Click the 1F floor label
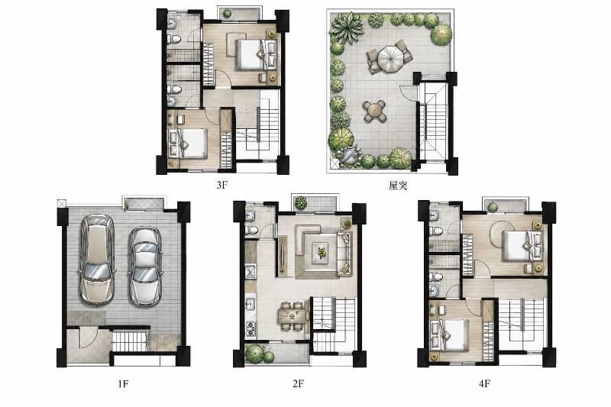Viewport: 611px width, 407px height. click(123, 383)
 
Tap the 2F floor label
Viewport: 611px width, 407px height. click(298, 383)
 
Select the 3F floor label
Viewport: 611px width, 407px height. click(221, 185)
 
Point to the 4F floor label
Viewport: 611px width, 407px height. click(484, 383)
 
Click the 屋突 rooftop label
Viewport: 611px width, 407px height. click(398, 186)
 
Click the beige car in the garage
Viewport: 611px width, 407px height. click(97, 260)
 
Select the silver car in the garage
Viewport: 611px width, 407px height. click(144, 266)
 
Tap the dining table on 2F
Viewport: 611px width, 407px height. click(293, 315)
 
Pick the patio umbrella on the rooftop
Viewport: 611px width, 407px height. click(391, 57)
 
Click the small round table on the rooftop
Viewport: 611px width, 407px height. click(374, 110)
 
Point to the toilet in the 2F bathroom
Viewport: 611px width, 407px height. click(252, 230)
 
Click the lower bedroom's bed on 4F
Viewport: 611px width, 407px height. click(449, 335)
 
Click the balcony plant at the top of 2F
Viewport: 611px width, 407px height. click(301, 203)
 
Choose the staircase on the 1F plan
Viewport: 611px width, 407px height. click(129, 341)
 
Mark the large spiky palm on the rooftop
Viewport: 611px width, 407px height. click(347, 27)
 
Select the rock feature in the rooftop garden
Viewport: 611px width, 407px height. click(349, 155)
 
